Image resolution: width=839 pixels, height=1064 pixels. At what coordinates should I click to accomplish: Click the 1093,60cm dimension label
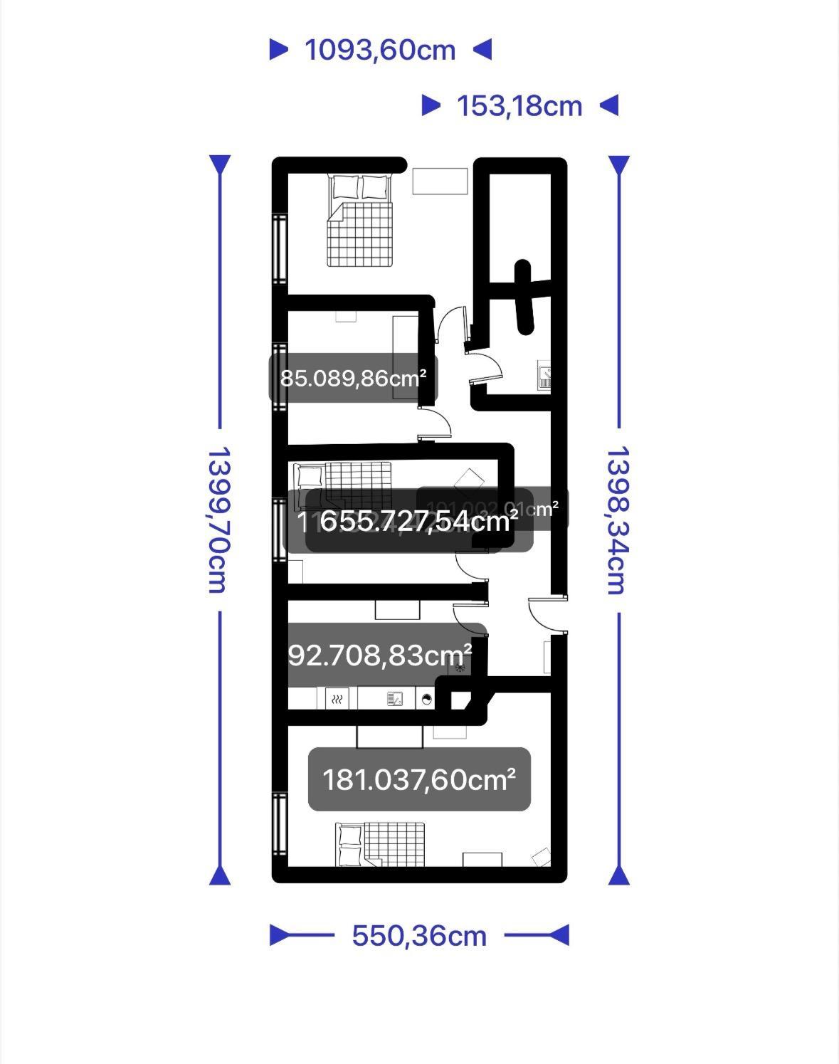click(380, 50)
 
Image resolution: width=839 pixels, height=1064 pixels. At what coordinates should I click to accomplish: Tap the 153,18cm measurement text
click(519, 106)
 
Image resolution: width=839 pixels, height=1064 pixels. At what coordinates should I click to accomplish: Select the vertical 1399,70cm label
click(217, 520)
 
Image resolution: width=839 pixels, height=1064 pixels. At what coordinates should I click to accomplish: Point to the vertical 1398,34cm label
click(617, 520)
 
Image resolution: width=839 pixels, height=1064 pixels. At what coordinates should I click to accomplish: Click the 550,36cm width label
click(419, 935)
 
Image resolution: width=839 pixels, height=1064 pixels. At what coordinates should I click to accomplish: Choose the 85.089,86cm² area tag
click(353, 378)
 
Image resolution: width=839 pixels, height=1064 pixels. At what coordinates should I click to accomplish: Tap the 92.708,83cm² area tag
click(380, 655)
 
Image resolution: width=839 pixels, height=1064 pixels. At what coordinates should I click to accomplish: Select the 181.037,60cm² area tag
click(419, 779)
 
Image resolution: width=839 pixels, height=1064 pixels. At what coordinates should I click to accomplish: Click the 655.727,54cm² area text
click(418, 522)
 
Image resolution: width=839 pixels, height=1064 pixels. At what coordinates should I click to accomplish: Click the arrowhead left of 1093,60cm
click(279, 50)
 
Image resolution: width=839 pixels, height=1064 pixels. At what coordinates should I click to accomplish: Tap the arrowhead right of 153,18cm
click(609, 106)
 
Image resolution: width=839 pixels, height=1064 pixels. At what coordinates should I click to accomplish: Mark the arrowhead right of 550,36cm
click(559, 935)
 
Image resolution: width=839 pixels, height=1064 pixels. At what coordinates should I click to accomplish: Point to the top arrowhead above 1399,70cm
click(220, 165)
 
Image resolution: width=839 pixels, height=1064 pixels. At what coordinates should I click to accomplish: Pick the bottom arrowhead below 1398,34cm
click(618, 875)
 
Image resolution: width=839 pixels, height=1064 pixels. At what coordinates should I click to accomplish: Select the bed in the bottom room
click(381, 844)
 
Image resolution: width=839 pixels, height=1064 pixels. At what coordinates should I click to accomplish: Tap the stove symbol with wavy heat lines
click(337, 699)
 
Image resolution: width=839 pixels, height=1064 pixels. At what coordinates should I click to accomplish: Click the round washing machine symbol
click(426, 699)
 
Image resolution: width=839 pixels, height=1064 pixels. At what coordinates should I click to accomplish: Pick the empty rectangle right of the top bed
click(440, 180)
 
